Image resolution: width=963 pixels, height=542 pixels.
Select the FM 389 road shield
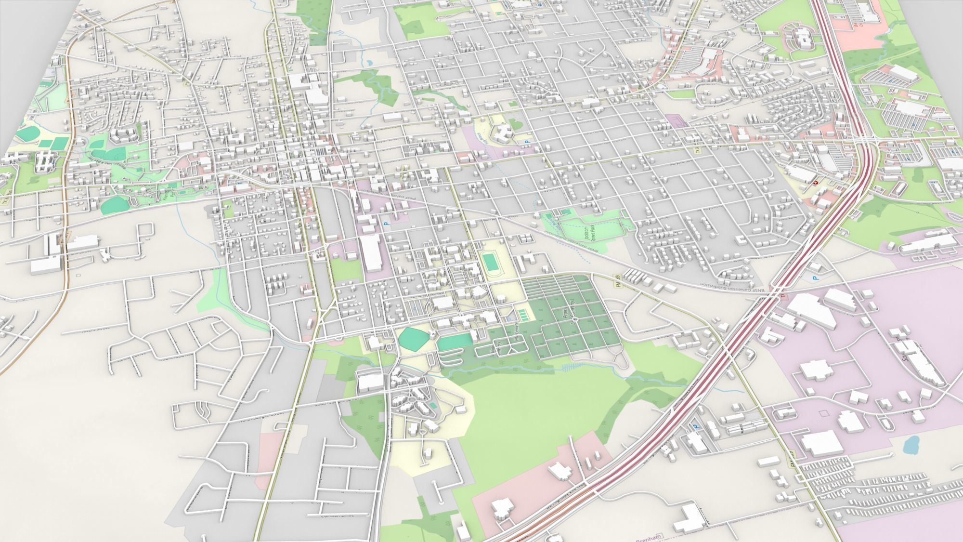[619, 278]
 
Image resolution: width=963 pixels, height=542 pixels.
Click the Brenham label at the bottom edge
[648, 537]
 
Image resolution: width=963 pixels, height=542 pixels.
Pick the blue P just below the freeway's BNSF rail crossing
[815, 278]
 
